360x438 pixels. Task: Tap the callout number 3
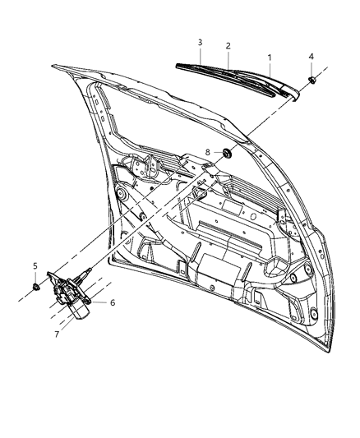(x=200, y=41)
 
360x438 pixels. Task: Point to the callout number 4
(x=311, y=56)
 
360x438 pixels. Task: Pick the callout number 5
(x=35, y=265)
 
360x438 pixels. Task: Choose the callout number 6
(x=113, y=302)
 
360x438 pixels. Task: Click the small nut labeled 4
(x=313, y=80)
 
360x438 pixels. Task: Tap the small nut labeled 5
(x=37, y=287)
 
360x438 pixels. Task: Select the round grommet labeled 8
(x=205, y=153)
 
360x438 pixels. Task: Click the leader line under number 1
(x=269, y=70)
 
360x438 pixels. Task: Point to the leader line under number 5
(x=36, y=276)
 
